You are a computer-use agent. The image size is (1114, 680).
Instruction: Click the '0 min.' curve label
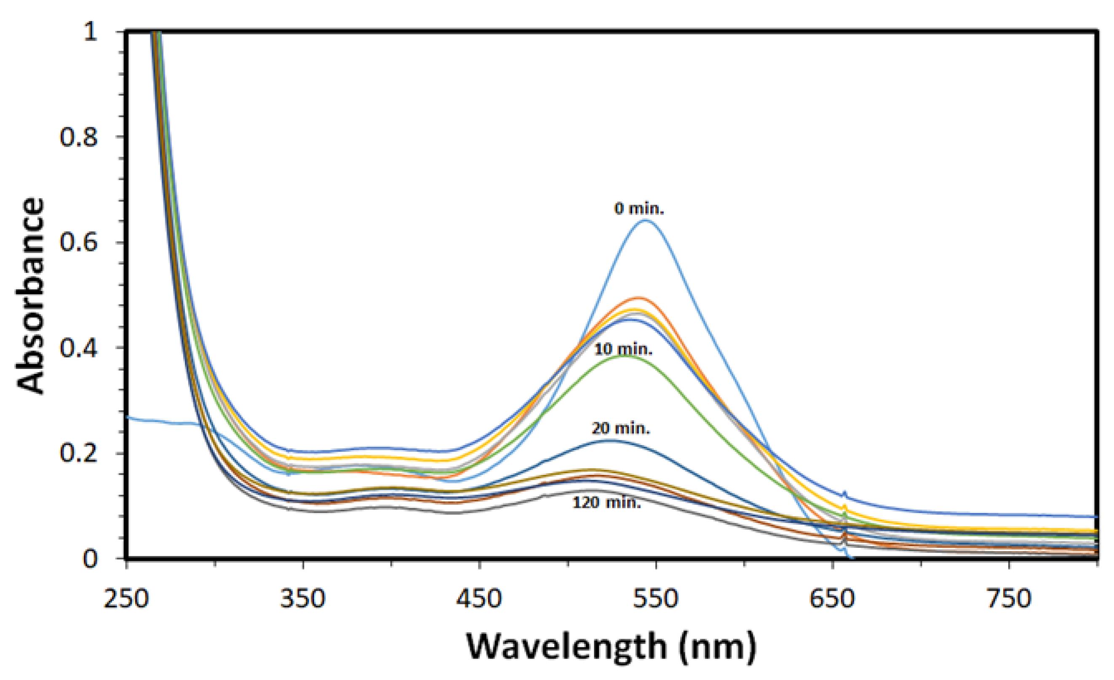pos(639,209)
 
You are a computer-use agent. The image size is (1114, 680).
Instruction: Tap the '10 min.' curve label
pos(623,349)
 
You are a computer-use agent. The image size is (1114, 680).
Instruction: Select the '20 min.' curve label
pos(621,428)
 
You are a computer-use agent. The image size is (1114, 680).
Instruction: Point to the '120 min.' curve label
pos(607,502)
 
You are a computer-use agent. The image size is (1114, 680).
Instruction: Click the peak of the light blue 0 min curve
pos(645,221)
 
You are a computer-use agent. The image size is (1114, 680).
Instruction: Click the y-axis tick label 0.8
pos(79,137)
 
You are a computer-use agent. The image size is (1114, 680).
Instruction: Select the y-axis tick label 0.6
pos(79,243)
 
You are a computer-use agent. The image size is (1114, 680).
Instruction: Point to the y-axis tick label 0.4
pos(79,349)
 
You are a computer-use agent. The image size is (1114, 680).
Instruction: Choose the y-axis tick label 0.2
pos(79,454)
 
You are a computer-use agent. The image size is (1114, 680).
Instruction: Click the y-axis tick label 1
pos(90,32)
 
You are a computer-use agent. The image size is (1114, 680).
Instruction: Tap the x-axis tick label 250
pos(126,599)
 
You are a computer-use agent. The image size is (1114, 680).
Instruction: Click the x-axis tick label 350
pos(302,599)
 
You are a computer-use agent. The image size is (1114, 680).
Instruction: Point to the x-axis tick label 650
pos(832,599)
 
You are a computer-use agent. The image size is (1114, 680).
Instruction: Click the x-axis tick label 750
pos(1009,599)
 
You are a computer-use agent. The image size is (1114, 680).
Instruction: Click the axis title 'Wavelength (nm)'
pos(611,647)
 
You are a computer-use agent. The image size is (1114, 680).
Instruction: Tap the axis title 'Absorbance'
pos(31,296)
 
